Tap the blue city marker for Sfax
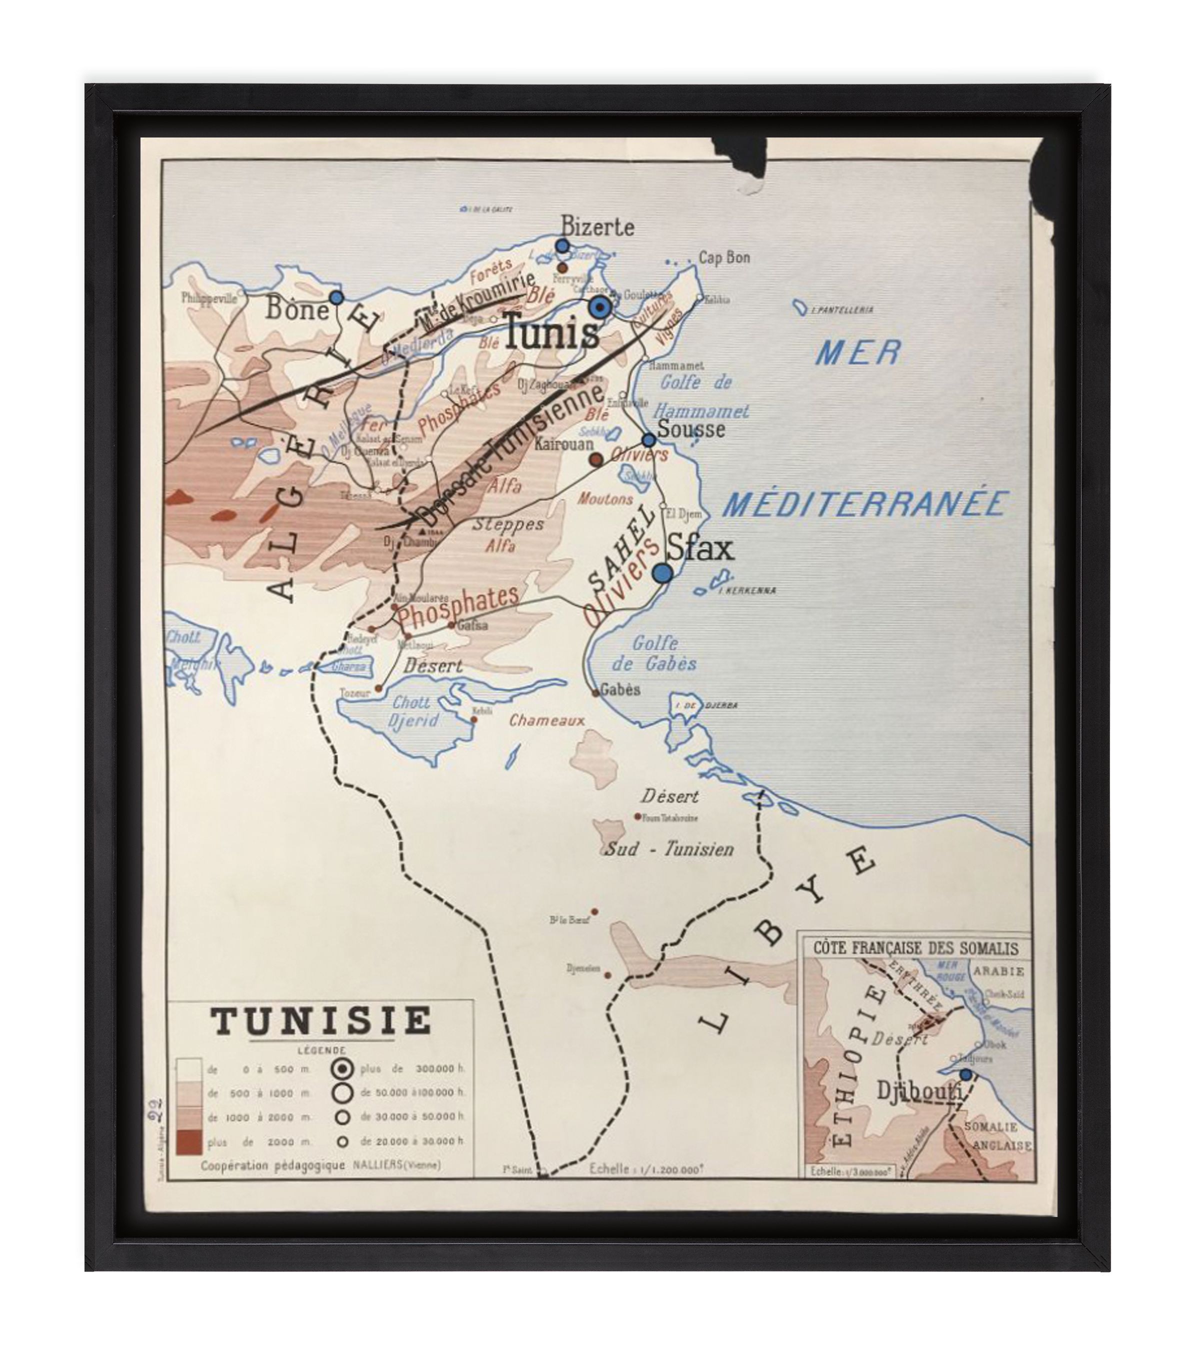click(663, 573)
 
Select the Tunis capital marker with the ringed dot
click(600, 307)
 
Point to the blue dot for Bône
click(336, 297)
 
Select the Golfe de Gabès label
click(654, 652)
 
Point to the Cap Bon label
click(723, 257)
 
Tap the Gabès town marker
click(596, 693)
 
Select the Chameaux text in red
click(546, 721)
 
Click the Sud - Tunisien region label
click(669, 849)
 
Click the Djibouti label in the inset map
click(918, 1091)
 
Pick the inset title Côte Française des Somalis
click(915, 949)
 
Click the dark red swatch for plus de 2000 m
click(189, 1142)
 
